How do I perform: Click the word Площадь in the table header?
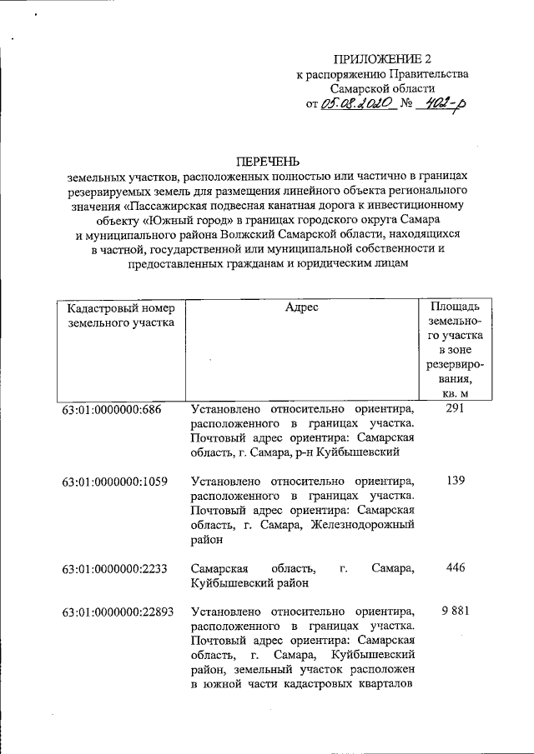[455, 307]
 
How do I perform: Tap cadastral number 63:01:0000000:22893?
[118, 612]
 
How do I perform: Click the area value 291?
[455, 409]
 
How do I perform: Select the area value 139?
[455, 481]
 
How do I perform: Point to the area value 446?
[455, 568]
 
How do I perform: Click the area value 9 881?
[455, 612]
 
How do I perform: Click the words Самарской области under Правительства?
[382, 88]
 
